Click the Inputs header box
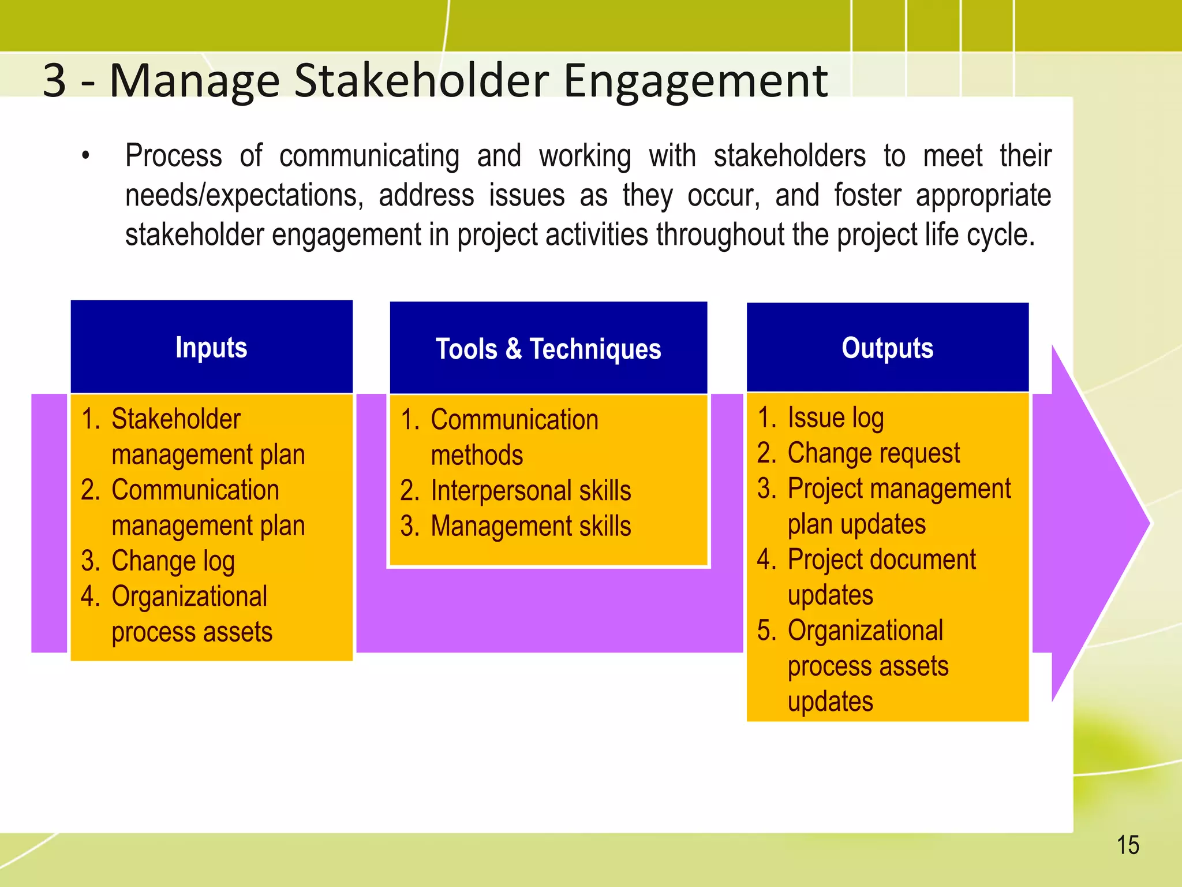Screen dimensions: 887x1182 (211, 347)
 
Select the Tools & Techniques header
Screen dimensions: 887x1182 (548, 349)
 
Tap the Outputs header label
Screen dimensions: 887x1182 (887, 348)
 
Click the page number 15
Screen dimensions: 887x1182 (1128, 845)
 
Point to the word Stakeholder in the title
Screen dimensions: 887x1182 (421, 80)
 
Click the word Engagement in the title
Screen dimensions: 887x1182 (695, 81)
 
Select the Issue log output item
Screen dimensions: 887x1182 (835, 418)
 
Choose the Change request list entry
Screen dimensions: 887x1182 (873, 453)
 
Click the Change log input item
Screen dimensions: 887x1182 (173, 561)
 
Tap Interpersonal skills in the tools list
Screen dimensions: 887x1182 (530, 491)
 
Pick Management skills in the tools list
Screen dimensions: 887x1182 (530, 527)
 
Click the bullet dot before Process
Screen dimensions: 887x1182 (85, 156)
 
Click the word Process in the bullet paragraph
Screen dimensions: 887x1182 (174, 156)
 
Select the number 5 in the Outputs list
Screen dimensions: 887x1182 (766, 631)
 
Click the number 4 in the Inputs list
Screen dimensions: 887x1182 (89, 597)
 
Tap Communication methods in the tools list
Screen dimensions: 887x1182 (514, 437)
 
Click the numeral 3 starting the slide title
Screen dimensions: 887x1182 (55, 80)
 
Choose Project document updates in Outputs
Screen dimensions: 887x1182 (881, 577)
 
